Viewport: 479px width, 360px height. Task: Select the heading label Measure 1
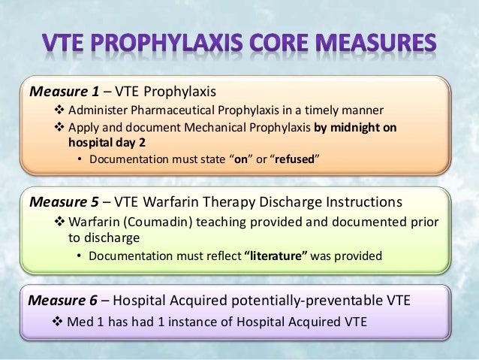tap(64, 92)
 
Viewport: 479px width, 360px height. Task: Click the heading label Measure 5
tap(64, 202)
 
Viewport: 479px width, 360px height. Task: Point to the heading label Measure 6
tap(63, 300)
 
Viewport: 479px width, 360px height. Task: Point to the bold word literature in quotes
tap(276, 256)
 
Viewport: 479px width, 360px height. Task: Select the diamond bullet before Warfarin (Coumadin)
tap(62, 222)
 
